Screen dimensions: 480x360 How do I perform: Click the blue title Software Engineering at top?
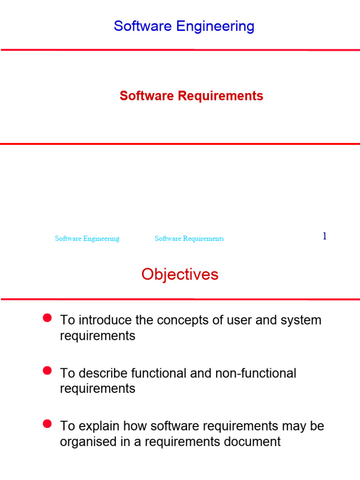tap(184, 26)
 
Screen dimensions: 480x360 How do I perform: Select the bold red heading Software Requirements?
tap(191, 96)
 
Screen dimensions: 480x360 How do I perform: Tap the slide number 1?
tap(324, 236)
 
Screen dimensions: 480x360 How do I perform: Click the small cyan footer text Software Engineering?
tap(87, 239)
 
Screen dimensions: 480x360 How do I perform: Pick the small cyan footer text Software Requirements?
tap(189, 239)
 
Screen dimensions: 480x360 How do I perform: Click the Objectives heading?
tap(180, 274)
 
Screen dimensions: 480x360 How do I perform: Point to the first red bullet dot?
tap(47, 318)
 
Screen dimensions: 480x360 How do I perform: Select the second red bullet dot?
tap(47, 371)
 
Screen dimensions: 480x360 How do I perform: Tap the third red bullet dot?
tap(47, 424)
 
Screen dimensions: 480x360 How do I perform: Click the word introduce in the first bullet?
tap(103, 320)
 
